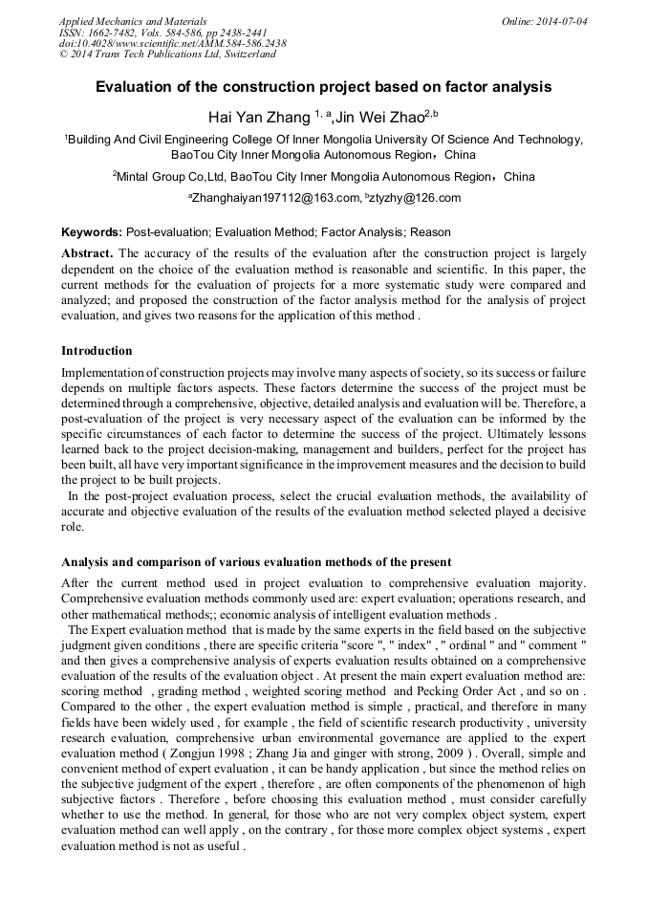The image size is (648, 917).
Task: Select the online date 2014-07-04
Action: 561,20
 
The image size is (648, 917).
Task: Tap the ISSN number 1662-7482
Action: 116,32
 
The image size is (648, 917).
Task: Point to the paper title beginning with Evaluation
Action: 323,87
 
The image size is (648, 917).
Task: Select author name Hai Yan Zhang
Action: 256,117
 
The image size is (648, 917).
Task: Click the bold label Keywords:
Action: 92,232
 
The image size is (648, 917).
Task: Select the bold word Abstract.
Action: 87,253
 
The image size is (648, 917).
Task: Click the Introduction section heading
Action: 97,351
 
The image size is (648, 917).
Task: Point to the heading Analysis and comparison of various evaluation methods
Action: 256,561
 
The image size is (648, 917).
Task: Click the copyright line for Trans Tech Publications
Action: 167,55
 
